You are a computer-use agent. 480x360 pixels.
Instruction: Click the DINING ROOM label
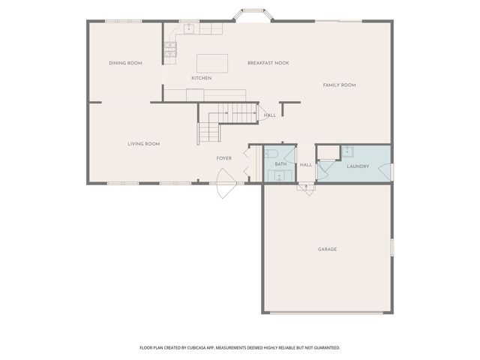point(125,63)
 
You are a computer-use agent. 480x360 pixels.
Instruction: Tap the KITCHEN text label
point(201,78)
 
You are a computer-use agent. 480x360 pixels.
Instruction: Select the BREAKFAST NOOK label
point(268,63)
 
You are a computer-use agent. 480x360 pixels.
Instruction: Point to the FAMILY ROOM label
point(339,85)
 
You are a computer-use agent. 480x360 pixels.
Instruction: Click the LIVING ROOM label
point(143,143)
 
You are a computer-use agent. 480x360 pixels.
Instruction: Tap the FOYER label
point(223,158)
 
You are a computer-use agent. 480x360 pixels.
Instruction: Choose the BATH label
point(280,163)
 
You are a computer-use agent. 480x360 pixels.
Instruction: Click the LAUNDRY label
point(357,166)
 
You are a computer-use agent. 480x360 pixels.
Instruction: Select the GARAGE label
point(327,249)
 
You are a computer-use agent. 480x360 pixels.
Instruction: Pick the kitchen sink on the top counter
point(189,28)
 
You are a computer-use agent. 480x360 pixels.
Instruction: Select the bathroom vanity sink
point(280,176)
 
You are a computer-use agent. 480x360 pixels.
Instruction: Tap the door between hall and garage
point(305,187)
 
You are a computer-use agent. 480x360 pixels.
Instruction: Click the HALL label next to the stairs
point(270,115)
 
